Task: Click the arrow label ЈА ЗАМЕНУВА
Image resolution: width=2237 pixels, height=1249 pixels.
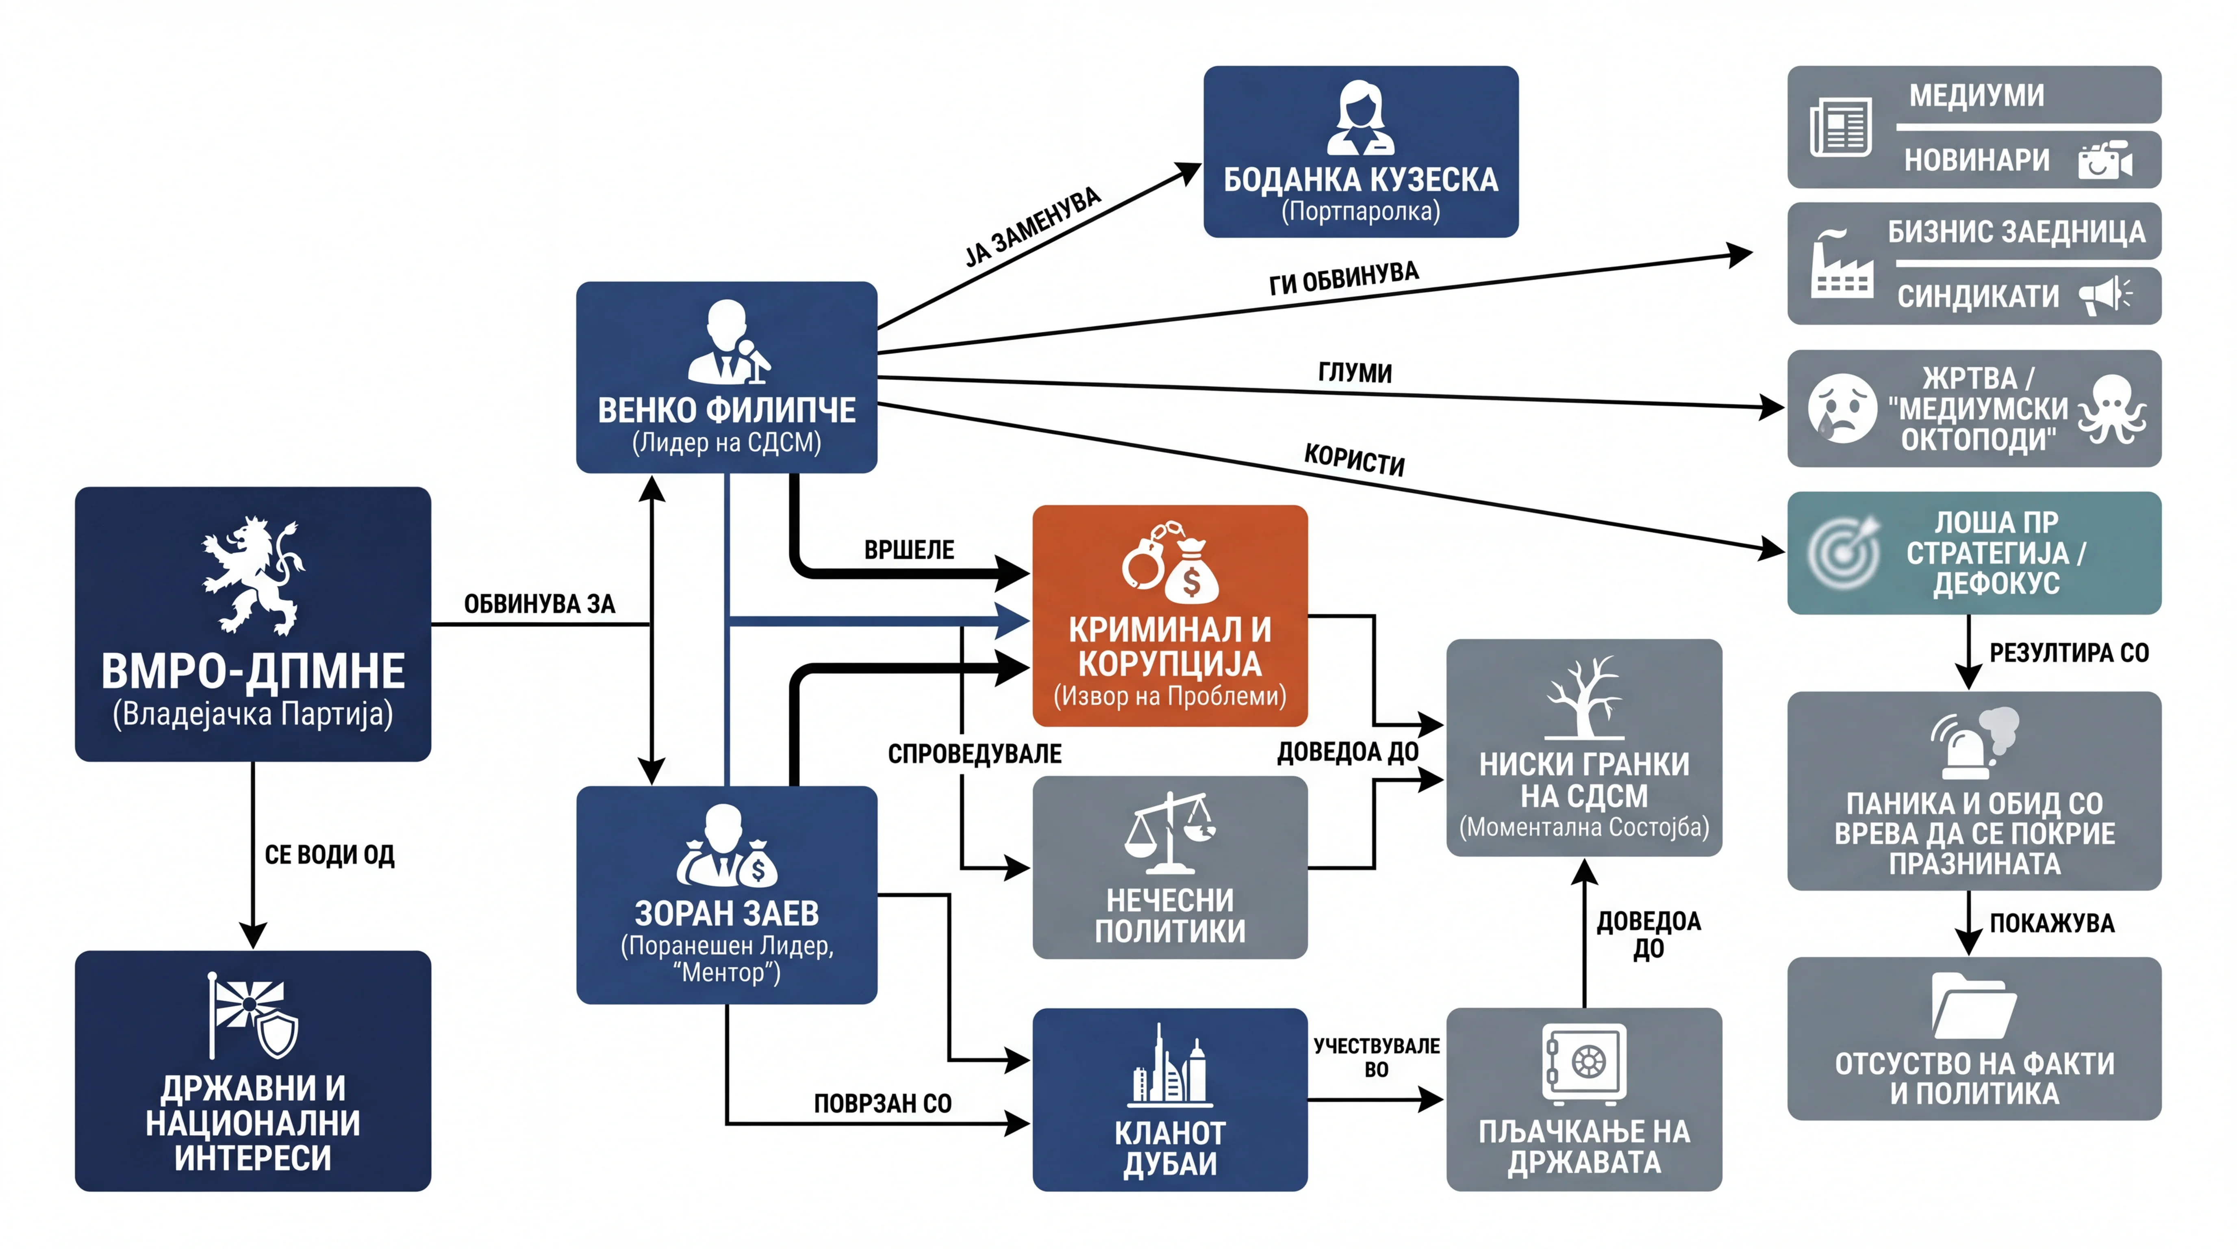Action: pos(1032,227)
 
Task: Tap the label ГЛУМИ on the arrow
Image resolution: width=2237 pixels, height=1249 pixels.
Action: pos(1355,372)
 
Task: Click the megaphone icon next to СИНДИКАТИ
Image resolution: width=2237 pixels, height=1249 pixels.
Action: pos(2105,295)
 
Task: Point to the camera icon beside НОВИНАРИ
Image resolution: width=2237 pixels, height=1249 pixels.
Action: pos(2105,160)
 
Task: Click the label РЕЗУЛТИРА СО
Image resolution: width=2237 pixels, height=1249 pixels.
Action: pos(2070,653)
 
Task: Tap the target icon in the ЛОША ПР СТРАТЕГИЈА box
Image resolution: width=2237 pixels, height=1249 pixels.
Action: pos(1843,553)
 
